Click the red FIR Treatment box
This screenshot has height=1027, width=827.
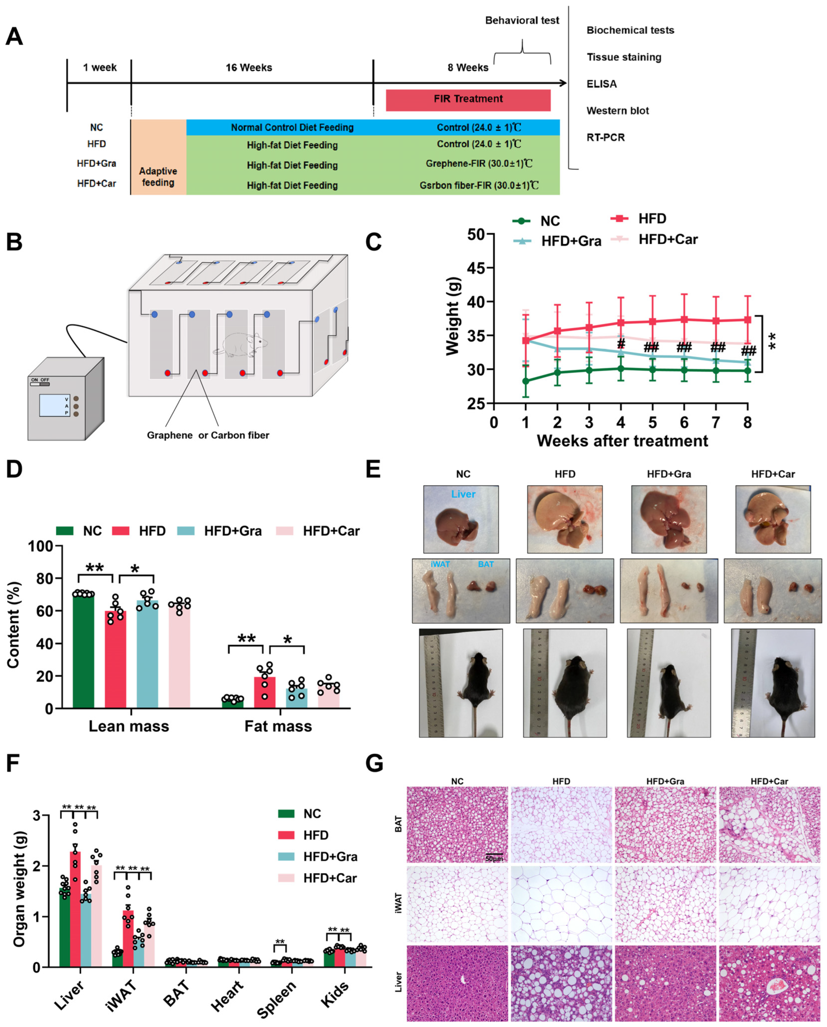click(468, 100)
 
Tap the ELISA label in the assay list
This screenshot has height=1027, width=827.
click(601, 84)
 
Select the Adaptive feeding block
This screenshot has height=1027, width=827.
click(158, 176)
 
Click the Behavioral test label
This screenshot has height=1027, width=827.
click(522, 21)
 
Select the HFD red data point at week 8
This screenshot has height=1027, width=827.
click(747, 320)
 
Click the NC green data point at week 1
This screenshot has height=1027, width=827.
click(526, 381)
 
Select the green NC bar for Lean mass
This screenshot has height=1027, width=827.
click(83, 651)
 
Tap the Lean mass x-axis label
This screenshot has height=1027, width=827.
click(129, 726)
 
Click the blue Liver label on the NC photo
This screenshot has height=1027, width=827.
click(463, 494)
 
